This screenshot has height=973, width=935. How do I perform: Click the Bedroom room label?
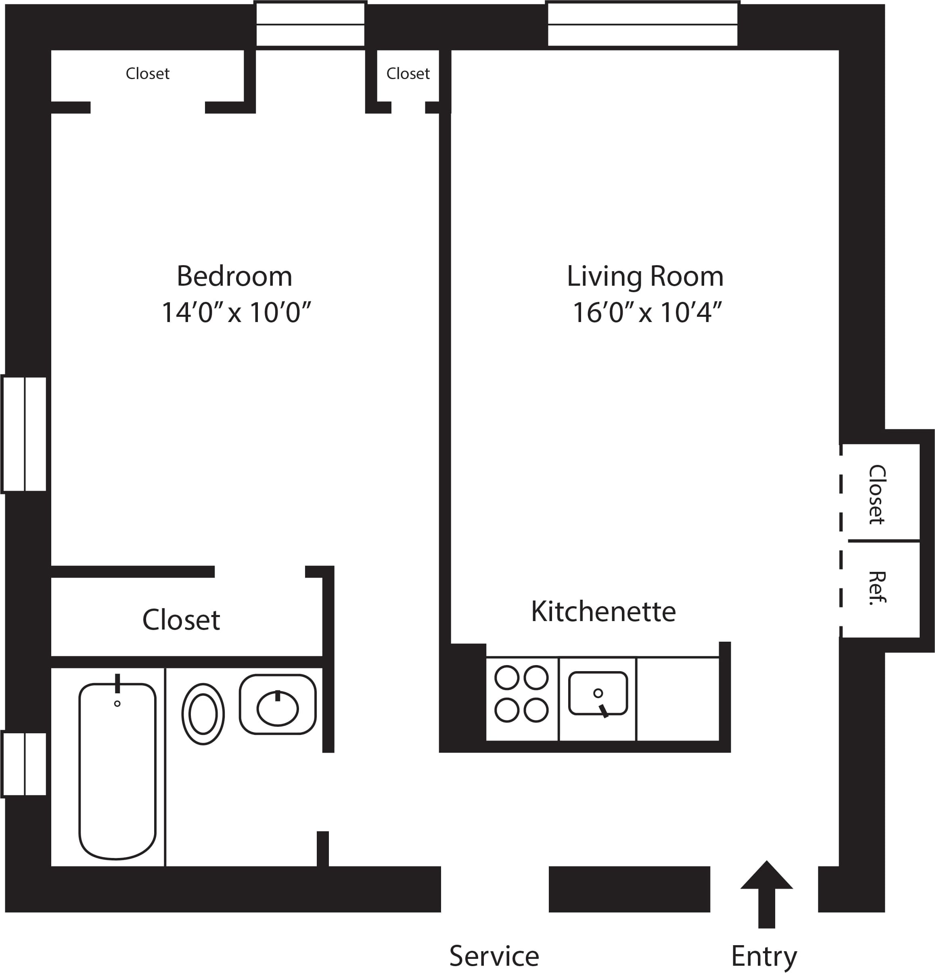[234, 276]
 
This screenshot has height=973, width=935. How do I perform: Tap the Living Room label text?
[645, 276]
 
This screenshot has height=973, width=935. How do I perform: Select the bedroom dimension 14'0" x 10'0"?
[236, 312]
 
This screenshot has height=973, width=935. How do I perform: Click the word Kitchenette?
[603, 611]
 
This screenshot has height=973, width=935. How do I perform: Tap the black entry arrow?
[766, 893]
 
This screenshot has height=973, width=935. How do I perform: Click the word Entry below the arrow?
[764, 956]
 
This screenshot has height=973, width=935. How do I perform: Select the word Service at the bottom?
[494, 956]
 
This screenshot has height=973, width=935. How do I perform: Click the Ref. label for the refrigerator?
[877, 588]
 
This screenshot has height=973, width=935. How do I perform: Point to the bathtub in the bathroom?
[117, 770]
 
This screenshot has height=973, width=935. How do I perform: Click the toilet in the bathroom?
[203, 714]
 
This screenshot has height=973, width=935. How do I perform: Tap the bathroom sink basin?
[277, 708]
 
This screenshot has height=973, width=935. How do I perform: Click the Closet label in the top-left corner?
[147, 73]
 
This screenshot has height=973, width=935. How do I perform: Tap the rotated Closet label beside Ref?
[877, 494]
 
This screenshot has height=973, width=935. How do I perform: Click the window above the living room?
[643, 24]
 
